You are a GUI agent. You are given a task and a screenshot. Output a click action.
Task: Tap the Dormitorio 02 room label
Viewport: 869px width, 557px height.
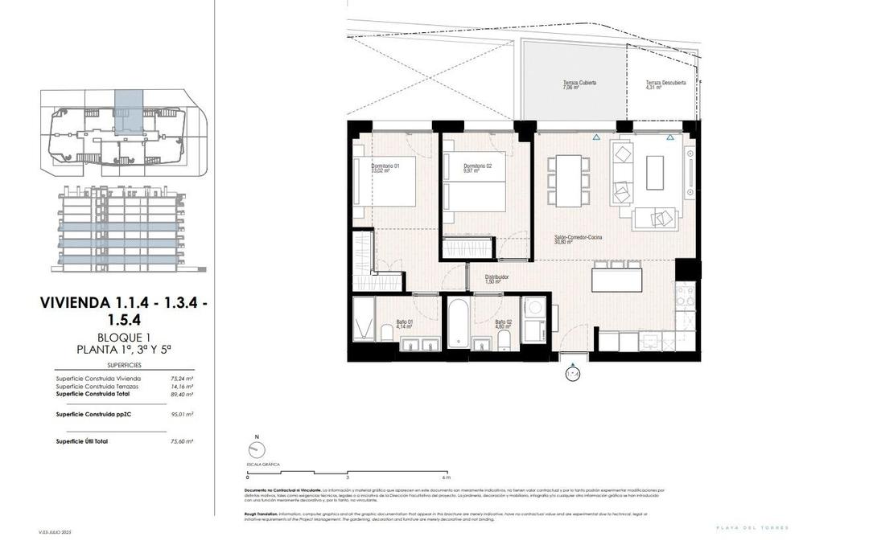[477, 167]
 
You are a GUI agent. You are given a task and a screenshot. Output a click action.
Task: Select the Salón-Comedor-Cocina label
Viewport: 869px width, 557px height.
[579, 239]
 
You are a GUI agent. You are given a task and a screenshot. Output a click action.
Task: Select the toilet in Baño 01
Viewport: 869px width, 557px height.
[386, 334]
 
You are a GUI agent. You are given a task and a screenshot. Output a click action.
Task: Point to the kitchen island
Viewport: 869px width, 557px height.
[617, 279]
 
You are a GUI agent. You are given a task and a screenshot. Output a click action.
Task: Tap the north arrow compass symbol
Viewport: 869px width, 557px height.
[257, 451]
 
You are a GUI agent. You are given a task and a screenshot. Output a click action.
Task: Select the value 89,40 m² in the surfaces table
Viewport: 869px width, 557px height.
[182, 395]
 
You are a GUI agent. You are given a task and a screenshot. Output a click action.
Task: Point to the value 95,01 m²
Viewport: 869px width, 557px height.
[182, 414]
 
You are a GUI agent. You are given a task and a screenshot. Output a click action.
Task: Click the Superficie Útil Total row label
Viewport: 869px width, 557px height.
[82, 441]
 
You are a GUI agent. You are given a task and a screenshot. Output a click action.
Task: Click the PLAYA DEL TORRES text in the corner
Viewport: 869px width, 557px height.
[752, 527]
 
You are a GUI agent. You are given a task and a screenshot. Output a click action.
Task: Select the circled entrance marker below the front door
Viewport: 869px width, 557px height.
[573, 373]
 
